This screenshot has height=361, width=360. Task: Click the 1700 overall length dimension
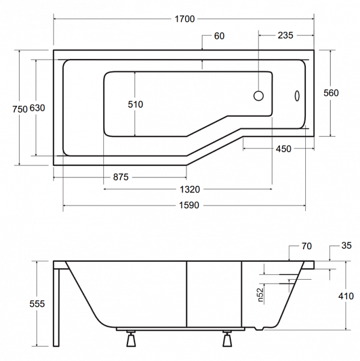(185, 19)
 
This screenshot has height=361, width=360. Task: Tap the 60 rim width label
(219, 36)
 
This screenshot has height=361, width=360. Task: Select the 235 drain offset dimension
(285, 35)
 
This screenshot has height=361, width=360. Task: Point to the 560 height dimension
(331, 93)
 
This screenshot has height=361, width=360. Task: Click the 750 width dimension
(20, 109)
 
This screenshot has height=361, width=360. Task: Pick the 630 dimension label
(37, 108)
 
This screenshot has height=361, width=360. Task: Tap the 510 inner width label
(135, 104)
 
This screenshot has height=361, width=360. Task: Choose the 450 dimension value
(284, 149)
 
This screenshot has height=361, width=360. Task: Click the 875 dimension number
(121, 177)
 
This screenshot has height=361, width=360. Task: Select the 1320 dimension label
(190, 190)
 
